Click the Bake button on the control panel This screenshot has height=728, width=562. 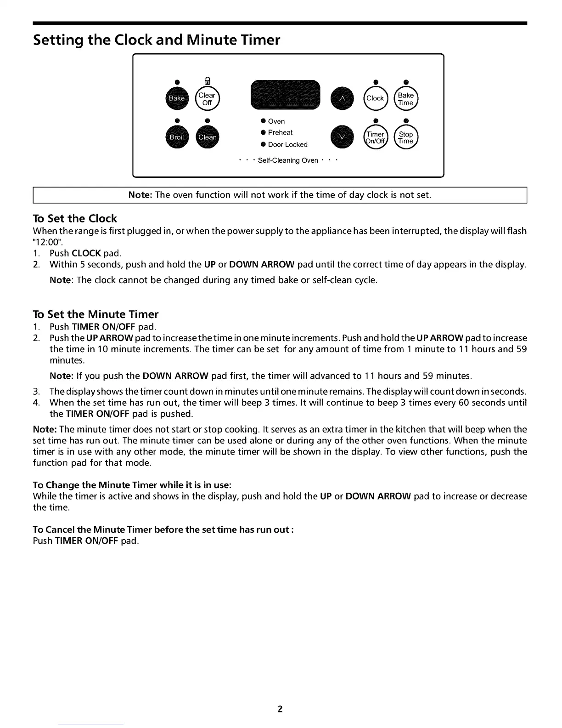177,98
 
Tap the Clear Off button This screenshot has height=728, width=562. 207,98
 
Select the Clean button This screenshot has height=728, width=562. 208,137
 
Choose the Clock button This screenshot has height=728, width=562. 375,98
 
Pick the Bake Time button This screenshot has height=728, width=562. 406,98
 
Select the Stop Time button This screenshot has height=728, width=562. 406,137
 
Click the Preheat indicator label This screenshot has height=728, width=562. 280,132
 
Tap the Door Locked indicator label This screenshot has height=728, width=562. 287,144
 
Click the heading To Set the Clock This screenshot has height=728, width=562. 75,218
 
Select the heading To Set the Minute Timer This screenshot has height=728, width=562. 96,314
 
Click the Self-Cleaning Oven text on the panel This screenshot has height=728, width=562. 288,160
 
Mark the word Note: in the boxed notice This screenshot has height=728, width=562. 140,195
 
